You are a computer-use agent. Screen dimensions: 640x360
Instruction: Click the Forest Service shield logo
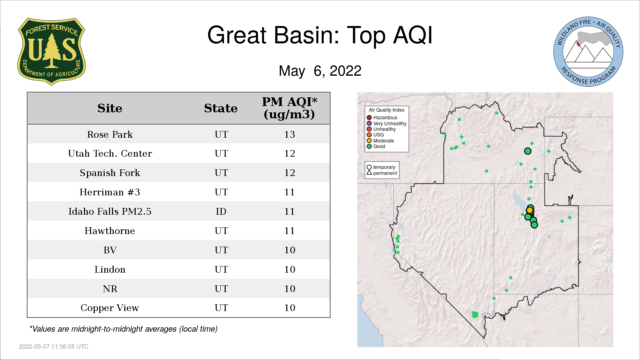[51, 52]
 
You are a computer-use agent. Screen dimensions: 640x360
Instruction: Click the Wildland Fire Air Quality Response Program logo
[588, 52]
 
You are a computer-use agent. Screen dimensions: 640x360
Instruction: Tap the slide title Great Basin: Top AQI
[320, 35]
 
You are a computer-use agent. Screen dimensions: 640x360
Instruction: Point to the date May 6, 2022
[320, 71]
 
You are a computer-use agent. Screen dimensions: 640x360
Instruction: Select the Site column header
[110, 108]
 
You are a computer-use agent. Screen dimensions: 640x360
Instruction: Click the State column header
[221, 108]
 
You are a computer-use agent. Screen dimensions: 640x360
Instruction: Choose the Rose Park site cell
[110, 134]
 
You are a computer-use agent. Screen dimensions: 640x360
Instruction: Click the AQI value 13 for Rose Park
[290, 134]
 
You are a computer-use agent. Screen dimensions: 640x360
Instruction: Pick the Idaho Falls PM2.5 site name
[110, 211]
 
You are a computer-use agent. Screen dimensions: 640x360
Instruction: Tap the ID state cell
[221, 211]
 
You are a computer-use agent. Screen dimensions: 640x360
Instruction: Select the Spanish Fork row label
[110, 173]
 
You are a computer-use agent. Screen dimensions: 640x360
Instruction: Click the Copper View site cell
[110, 308]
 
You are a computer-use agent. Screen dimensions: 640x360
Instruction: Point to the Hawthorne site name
[110, 231]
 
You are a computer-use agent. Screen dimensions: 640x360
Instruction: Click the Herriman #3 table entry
[110, 192]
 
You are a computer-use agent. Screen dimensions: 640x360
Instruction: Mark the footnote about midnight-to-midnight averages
[123, 329]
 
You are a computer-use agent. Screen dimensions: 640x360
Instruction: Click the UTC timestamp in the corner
[54, 347]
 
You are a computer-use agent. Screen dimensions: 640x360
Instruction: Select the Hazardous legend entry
[382, 117]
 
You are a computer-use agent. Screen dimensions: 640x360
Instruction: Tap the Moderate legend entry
[380, 141]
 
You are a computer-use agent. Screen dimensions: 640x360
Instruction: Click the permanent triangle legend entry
[382, 173]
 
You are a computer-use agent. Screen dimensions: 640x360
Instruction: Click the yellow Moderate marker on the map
[530, 210]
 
